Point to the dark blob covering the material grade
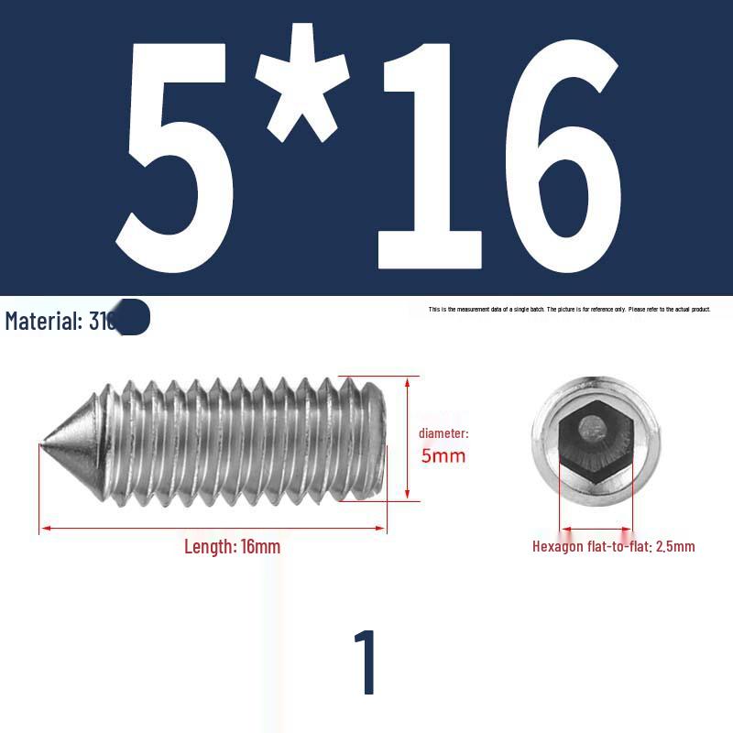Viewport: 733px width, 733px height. pyautogui.click(x=133, y=317)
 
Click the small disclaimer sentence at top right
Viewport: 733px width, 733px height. pyautogui.click(x=569, y=310)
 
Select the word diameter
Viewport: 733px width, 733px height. pyautogui.click(x=443, y=433)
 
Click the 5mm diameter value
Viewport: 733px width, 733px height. pyautogui.click(x=443, y=455)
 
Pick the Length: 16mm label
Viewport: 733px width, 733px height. pyautogui.click(x=232, y=547)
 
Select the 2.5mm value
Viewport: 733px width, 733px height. pyautogui.click(x=675, y=547)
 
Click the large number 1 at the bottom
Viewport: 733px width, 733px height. pyautogui.click(x=366, y=662)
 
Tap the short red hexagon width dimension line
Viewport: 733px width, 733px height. pyautogui.click(x=596, y=529)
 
